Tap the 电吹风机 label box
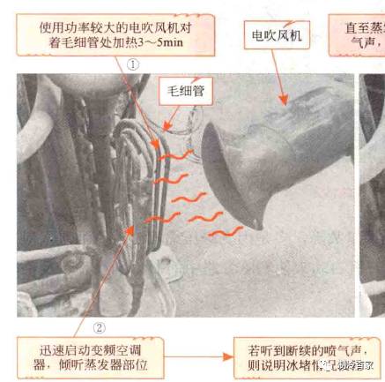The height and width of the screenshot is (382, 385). pos(277,35)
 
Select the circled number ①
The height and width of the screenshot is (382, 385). pos(133,64)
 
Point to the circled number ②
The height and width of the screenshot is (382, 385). pos(99,327)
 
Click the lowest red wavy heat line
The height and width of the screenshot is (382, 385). pos(226,231)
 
